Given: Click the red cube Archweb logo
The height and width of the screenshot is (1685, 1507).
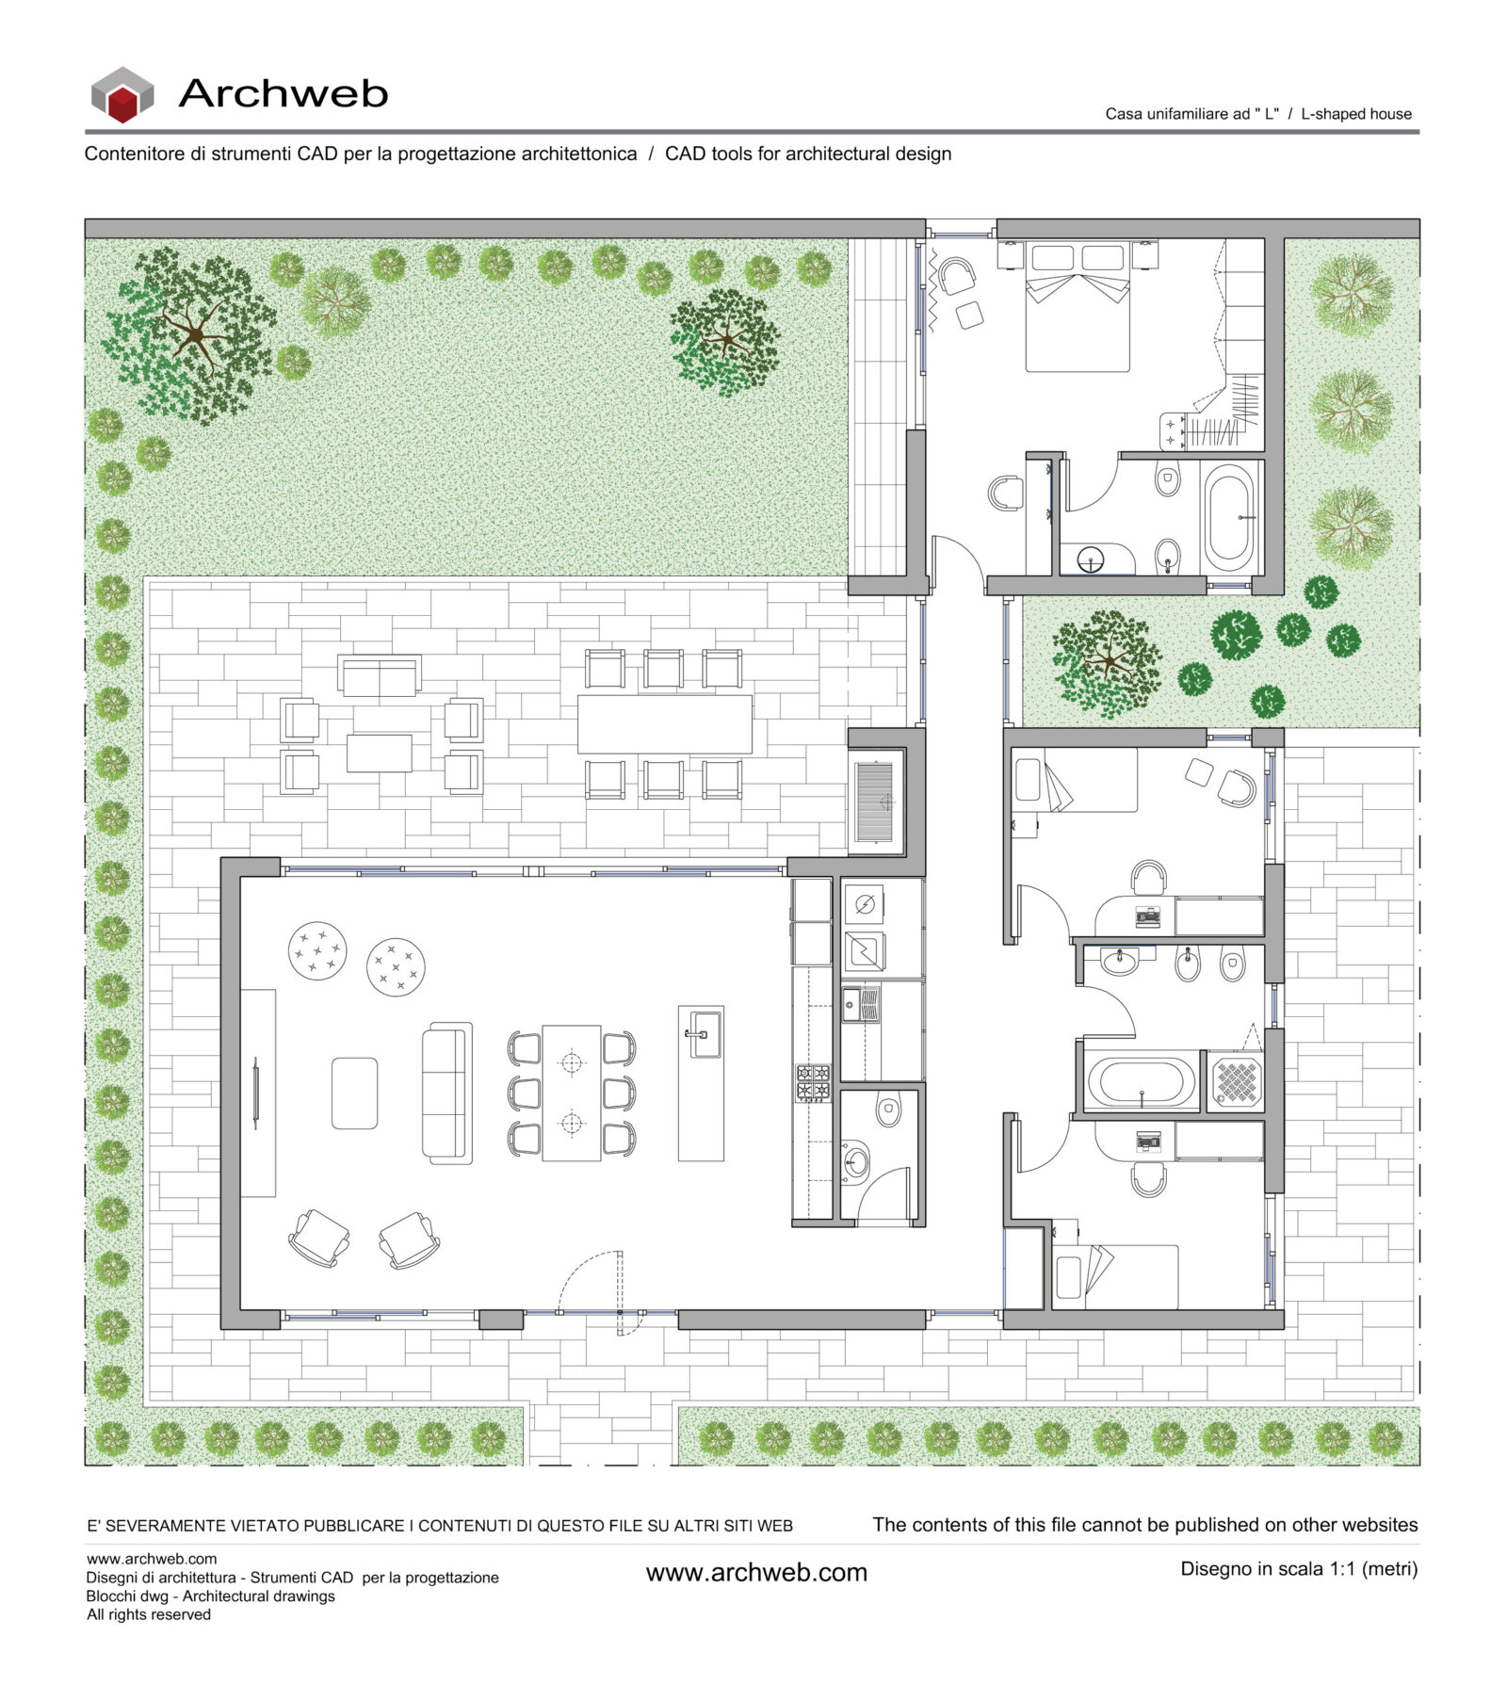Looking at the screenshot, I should (x=122, y=95).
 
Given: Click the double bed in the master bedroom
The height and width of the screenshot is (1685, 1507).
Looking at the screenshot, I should (x=1077, y=308).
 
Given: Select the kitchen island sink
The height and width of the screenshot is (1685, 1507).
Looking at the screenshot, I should (x=702, y=1033).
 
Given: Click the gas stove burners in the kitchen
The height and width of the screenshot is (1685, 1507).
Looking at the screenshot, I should (x=813, y=1082).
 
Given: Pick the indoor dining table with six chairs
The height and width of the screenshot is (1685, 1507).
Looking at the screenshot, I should (x=571, y=1093).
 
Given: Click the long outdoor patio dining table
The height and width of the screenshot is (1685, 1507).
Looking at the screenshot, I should (x=664, y=723).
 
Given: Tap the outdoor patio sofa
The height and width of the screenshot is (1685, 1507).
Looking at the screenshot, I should (x=380, y=675).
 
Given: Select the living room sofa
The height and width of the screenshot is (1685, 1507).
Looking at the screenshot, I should (x=446, y=1093).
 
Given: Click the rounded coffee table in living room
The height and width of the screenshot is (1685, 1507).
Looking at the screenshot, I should (x=354, y=1093).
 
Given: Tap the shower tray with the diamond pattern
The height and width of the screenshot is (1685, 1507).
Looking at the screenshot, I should (x=1235, y=1081).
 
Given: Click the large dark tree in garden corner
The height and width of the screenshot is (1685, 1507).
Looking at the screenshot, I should (x=190, y=334).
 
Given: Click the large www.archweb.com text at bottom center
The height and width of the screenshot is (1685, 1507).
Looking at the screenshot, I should (x=755, y=1572).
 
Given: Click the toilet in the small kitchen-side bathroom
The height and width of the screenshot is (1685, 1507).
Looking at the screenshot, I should (x=887, y=1110).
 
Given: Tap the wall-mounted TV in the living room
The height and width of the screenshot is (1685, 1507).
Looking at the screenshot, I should (x=255, y=1093).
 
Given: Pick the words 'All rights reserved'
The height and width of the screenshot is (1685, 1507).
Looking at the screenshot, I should (x=149, y=1614).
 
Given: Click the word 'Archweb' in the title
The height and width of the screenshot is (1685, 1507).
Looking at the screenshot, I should (x=283, y=93).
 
